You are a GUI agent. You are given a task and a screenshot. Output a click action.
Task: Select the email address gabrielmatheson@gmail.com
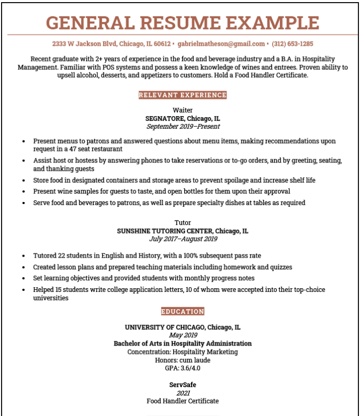[221, 44]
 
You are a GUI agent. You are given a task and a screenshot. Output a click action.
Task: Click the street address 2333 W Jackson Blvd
[85, 44]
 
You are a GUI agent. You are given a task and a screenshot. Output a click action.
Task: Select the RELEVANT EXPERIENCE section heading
[183, 95]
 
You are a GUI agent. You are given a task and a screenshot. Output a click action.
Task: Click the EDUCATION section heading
[183, 311]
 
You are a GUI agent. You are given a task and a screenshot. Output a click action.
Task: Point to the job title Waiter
[183, 110]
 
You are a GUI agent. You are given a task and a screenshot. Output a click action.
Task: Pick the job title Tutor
[183, 222]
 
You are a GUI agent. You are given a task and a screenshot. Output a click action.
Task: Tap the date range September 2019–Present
[183, 127]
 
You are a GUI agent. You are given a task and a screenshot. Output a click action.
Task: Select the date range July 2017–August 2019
[183, 239]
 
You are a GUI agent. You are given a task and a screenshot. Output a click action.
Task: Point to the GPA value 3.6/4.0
[189, 368]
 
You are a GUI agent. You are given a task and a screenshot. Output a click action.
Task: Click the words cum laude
[195, 360]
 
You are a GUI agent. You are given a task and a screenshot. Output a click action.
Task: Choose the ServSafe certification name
[183, 384]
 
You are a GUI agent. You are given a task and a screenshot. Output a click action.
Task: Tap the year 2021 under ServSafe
[183, 393]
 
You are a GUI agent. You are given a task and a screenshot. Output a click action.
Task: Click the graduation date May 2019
[183, 335]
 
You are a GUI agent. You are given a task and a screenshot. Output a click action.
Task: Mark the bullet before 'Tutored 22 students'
[24, 256]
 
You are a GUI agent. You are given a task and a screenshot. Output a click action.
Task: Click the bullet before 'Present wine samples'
[24, 191]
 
